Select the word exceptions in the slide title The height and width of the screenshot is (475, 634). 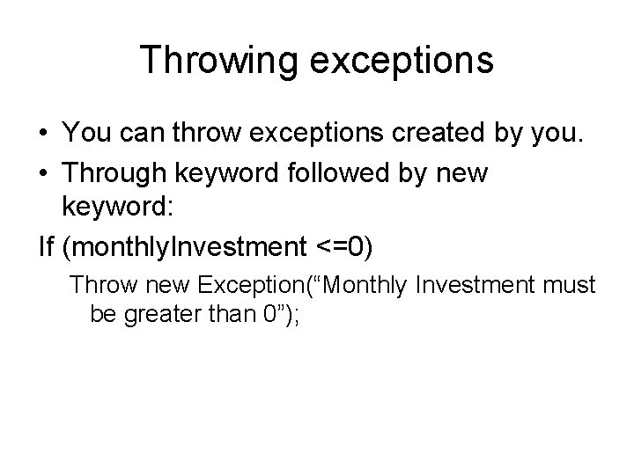point(404,61)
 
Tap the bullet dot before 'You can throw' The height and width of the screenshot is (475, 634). point(45,133)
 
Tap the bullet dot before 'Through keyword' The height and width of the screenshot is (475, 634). point(45,172)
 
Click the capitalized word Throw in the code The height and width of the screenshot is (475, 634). point(98,285)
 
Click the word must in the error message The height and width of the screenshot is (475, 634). point(565,285)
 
